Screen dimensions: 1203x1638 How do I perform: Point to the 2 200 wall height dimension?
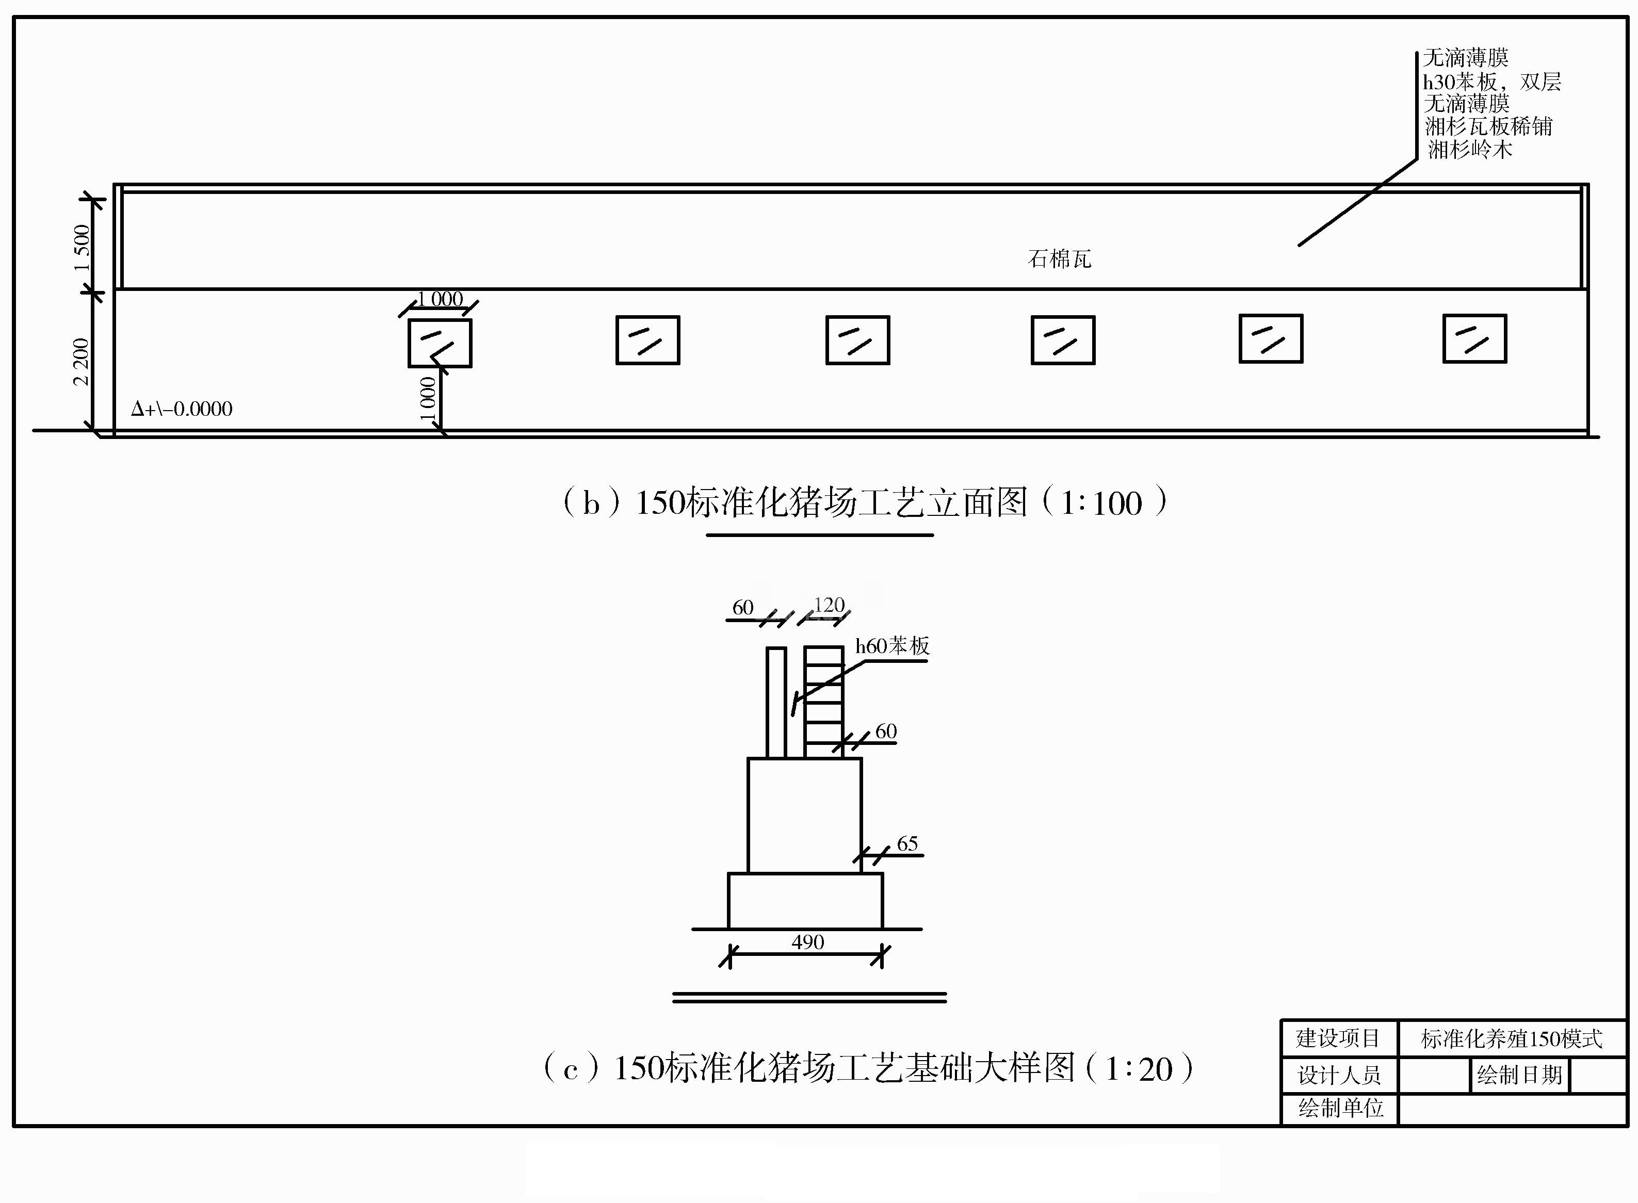tap(81, 362)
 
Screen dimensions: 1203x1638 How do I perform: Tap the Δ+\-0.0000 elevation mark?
tap(182, 409)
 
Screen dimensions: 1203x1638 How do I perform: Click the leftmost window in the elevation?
tap(440, 343)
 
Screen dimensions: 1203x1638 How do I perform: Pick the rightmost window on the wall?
tap(1475, 338)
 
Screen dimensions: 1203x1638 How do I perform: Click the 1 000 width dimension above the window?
tap(440, 299)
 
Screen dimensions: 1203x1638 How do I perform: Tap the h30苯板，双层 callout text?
tap(1491, 81)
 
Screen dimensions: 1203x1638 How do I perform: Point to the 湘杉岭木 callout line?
tap(1470, 150)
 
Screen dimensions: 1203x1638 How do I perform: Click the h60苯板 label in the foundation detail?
tap(892, 646)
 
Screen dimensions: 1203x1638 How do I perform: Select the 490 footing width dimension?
tap(808, 942)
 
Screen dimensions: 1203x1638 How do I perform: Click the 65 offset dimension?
tap(907, 843)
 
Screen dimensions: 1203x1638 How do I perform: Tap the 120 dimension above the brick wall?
tap(829, 605)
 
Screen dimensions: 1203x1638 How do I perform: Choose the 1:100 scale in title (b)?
tap(1101, 504)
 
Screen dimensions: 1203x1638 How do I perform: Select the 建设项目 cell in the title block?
tap(1339, 1038)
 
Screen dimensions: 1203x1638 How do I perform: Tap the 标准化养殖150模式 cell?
tap(1512, 1039)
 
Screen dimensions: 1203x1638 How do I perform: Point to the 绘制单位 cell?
tap(1341, 1108)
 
